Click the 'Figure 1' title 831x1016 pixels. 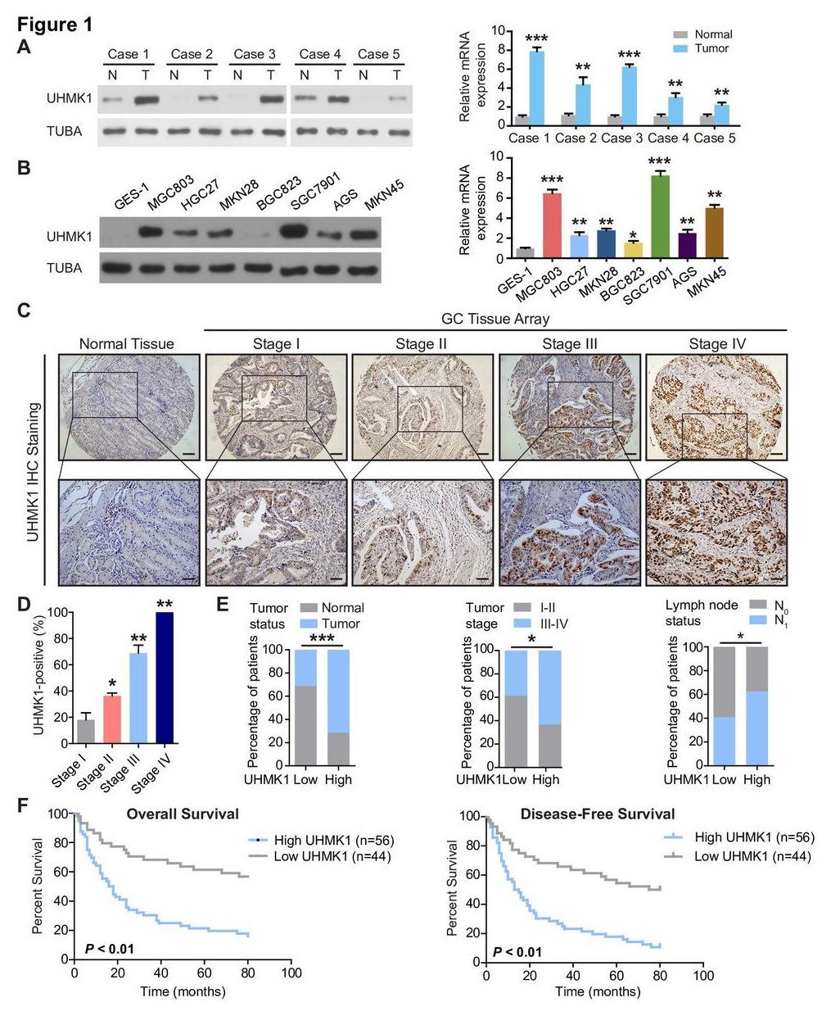tap(55, 25)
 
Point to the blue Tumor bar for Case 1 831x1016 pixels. tap(536, 87)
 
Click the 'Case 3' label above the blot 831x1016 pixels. tap(254, 54)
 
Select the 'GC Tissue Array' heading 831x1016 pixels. tap(495, 318)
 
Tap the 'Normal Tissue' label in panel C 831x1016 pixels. tap(126, 344)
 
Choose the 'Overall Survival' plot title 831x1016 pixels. tap(183, 814)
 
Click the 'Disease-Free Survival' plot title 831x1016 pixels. tap(598, 814)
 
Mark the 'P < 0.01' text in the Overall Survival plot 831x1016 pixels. tap(109, 949)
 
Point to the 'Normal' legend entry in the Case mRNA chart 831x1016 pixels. tap(712, 34)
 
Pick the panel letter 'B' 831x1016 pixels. tap(24, 167)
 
